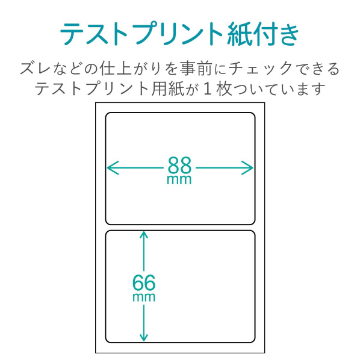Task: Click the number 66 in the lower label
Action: click(x=144, y=282)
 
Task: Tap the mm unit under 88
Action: click(x=179, y=180)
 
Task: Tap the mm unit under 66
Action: click(x=144, y=297)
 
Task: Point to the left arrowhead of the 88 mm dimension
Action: click(x=113, y=168)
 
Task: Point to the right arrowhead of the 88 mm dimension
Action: click(x=247, y=168)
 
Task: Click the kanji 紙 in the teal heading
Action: click(x=239, y=34)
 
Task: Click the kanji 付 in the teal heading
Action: click(x=264, y=34)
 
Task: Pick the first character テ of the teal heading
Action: click(x=72, y=34)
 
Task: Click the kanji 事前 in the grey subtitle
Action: click(x=196, y=68)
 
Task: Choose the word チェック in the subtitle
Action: click(x=260, y=69)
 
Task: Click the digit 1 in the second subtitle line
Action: click(x=207, y=89)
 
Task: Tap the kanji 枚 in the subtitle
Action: click(x=224, y=89)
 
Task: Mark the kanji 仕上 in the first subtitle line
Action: click(x=116, y=68)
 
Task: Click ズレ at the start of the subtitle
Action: click(x=35, y=69)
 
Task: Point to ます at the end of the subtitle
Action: click(x=309, y=89)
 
